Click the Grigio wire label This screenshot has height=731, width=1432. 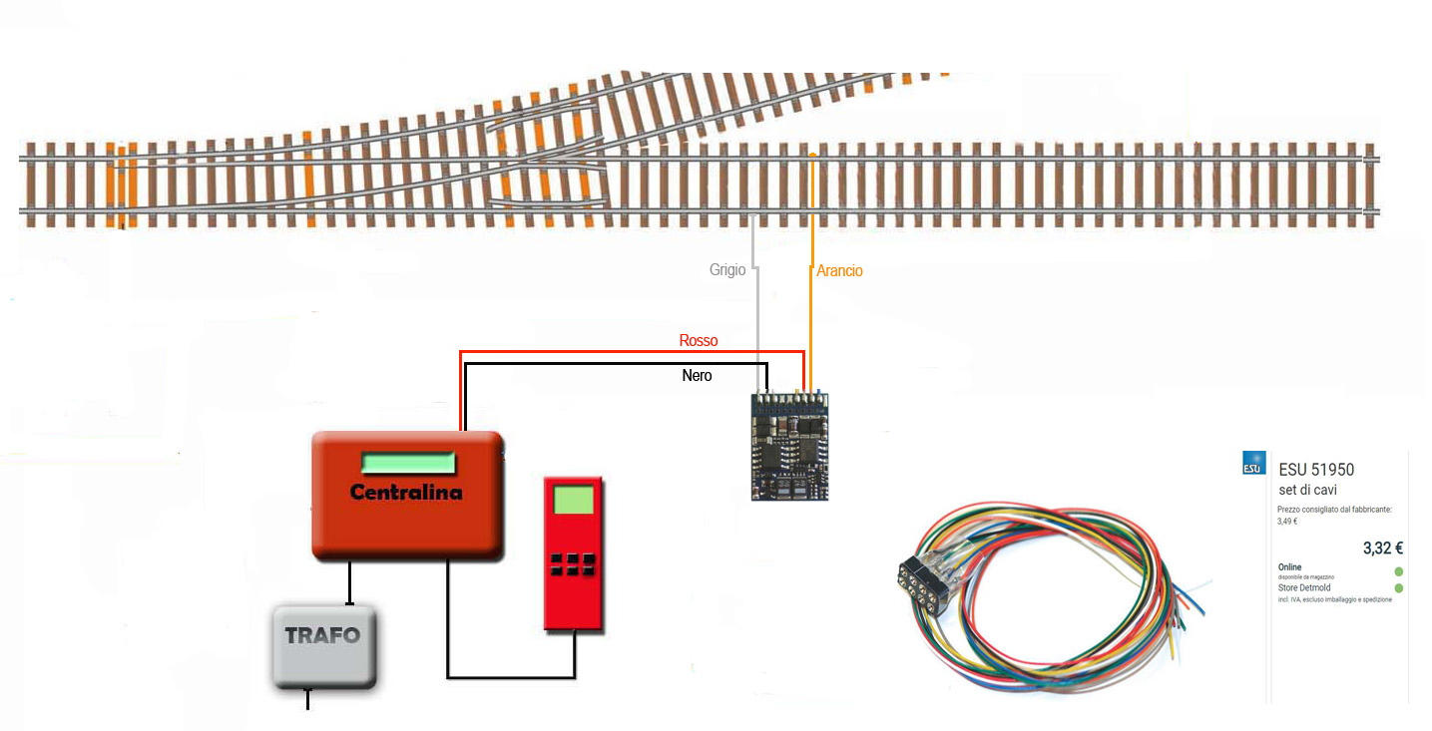727,269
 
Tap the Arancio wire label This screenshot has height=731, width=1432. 839,270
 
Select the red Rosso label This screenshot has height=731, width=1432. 699,340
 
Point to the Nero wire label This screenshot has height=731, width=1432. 697,375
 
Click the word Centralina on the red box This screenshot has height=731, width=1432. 406,492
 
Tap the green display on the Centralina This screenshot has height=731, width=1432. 408,463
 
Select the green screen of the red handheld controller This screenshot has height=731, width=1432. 574,498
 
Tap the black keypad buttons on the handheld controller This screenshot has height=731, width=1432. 573,564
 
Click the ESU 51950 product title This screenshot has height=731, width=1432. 1316,470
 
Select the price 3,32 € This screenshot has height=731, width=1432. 1383,548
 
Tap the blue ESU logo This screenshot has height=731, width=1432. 1252,463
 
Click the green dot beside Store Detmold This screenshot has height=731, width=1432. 1398,588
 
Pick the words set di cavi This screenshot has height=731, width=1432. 1308,490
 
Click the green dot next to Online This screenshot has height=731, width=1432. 1398,571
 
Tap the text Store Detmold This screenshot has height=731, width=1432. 1307,588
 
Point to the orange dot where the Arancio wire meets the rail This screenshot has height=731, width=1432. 812,156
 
